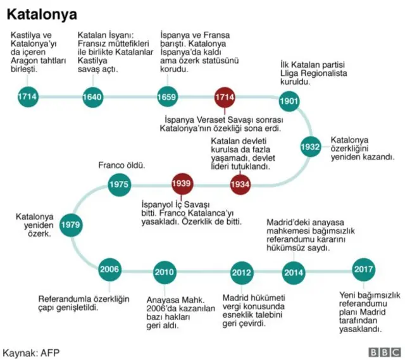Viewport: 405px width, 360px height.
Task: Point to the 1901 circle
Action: (x=289, y=101)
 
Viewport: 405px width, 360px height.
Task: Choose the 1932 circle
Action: (x=310, y=147)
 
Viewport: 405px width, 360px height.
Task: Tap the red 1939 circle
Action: (x=182, y=184)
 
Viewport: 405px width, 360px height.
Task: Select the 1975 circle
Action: (x=118, y=184)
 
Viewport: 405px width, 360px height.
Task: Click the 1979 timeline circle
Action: (x=70, y=224)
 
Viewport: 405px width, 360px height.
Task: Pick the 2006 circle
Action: (x=109, y=269)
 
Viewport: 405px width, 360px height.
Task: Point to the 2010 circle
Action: (x=164, y=273)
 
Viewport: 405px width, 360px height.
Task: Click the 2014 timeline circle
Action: (x=293, y=273)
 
